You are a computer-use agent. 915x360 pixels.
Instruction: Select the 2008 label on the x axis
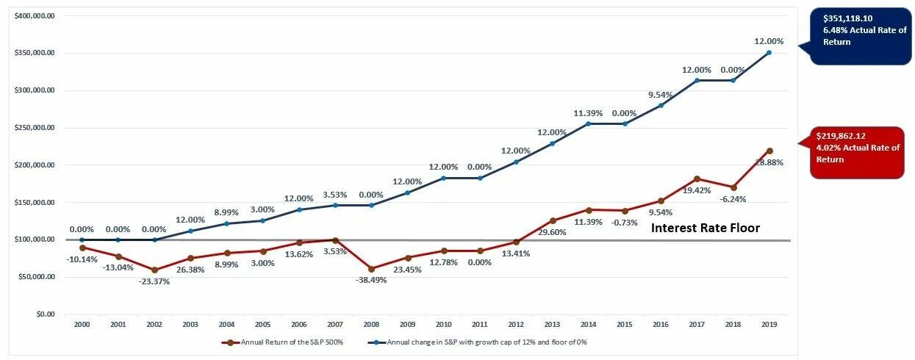[x=371, y=323]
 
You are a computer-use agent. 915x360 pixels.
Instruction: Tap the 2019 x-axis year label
[x=769, y=323]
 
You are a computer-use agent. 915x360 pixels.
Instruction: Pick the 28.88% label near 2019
[x=769, y=162]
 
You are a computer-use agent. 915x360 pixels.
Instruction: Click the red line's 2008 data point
[x=371, y=269]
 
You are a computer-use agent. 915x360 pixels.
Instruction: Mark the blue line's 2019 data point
[x=769, y=52]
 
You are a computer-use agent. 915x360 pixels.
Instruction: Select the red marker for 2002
[x=154, y=270]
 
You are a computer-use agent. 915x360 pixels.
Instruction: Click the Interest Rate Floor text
[x=705, y=228]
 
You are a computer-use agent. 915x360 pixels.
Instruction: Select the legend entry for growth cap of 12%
[x=481, y=342]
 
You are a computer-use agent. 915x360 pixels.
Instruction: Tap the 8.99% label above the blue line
[x=227, y=212]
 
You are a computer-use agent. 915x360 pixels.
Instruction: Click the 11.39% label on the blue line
[x=588, y=113]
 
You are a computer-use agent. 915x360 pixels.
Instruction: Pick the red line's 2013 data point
[x=552, y=220]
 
